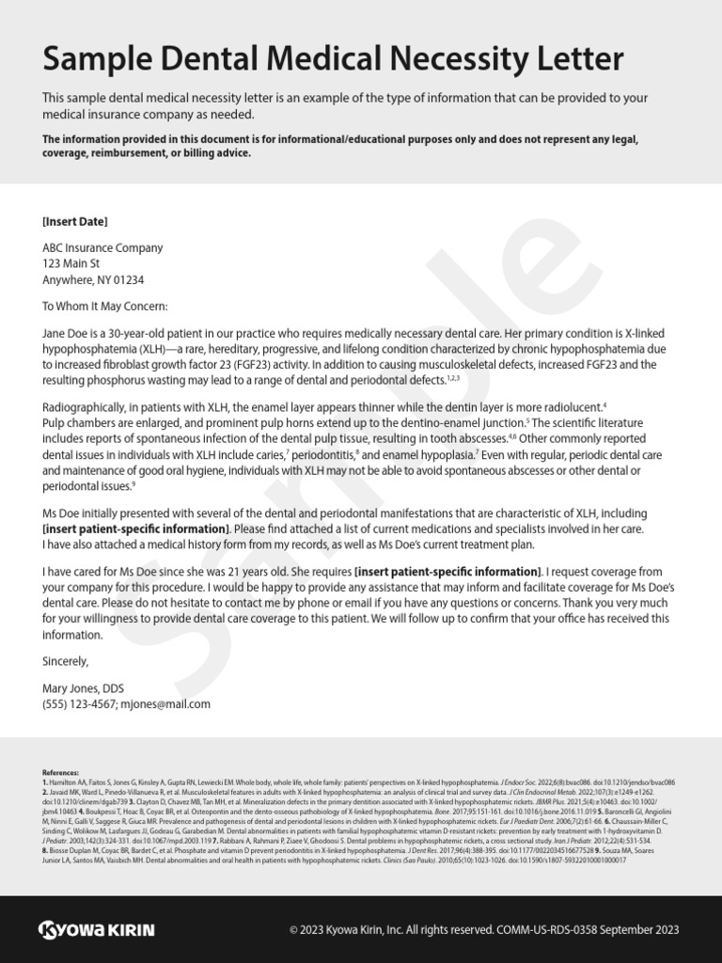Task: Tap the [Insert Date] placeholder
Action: [75, 222]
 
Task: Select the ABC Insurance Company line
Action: [102, 248]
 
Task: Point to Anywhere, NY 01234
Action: [94, 280]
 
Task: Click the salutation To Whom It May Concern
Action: [105, 306]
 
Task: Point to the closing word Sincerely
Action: [66, 661]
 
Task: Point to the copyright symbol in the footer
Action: [294, 930]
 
